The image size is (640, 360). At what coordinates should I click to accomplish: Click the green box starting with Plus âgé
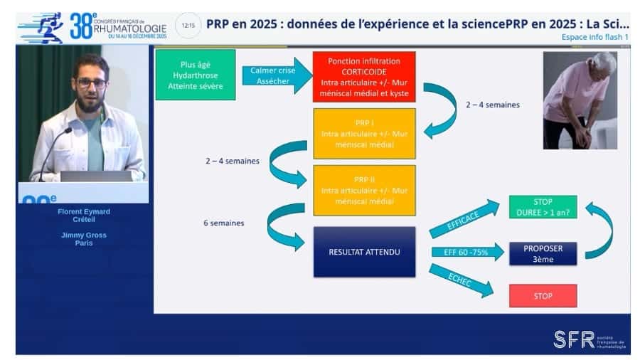point(196,75)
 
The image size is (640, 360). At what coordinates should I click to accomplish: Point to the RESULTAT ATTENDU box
point(364,252)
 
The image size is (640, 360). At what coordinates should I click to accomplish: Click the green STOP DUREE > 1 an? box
point(543,207)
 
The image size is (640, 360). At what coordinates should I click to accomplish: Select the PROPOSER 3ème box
point(543,253)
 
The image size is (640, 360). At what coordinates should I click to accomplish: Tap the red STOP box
point(543,295)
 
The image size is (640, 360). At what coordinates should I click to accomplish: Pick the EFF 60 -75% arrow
point(462,252)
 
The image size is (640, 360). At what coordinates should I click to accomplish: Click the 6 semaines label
point(223,223)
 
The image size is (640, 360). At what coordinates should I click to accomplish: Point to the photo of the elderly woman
point(580,100)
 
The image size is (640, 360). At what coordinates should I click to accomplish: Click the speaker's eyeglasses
point(91,83)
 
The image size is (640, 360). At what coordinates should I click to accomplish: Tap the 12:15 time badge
point(188,25)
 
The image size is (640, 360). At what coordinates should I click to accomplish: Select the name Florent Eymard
point(84,211)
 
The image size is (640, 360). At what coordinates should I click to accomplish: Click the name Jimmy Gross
point(84,234)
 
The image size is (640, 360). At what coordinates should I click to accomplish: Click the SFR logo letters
point(574,339)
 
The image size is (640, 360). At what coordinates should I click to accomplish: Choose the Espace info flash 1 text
point(594,36)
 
